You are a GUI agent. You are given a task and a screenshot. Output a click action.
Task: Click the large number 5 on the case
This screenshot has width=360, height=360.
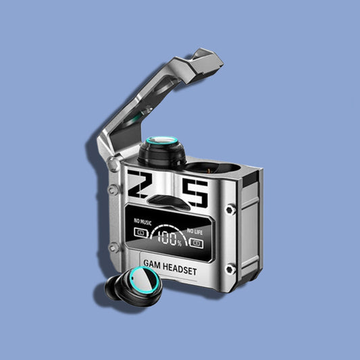point(195,192)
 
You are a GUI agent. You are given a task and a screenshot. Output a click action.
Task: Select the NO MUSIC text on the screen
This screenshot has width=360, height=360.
point(143,222)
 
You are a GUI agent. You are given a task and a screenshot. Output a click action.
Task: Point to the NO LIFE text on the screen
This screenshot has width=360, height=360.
point(195,232)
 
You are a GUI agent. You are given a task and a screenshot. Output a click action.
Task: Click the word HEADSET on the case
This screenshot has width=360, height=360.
point(180,269)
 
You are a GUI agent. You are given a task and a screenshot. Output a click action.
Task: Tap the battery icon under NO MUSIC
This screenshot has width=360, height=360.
point(140,232)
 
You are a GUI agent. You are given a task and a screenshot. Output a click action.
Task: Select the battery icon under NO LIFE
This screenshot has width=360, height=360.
point(196,243)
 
